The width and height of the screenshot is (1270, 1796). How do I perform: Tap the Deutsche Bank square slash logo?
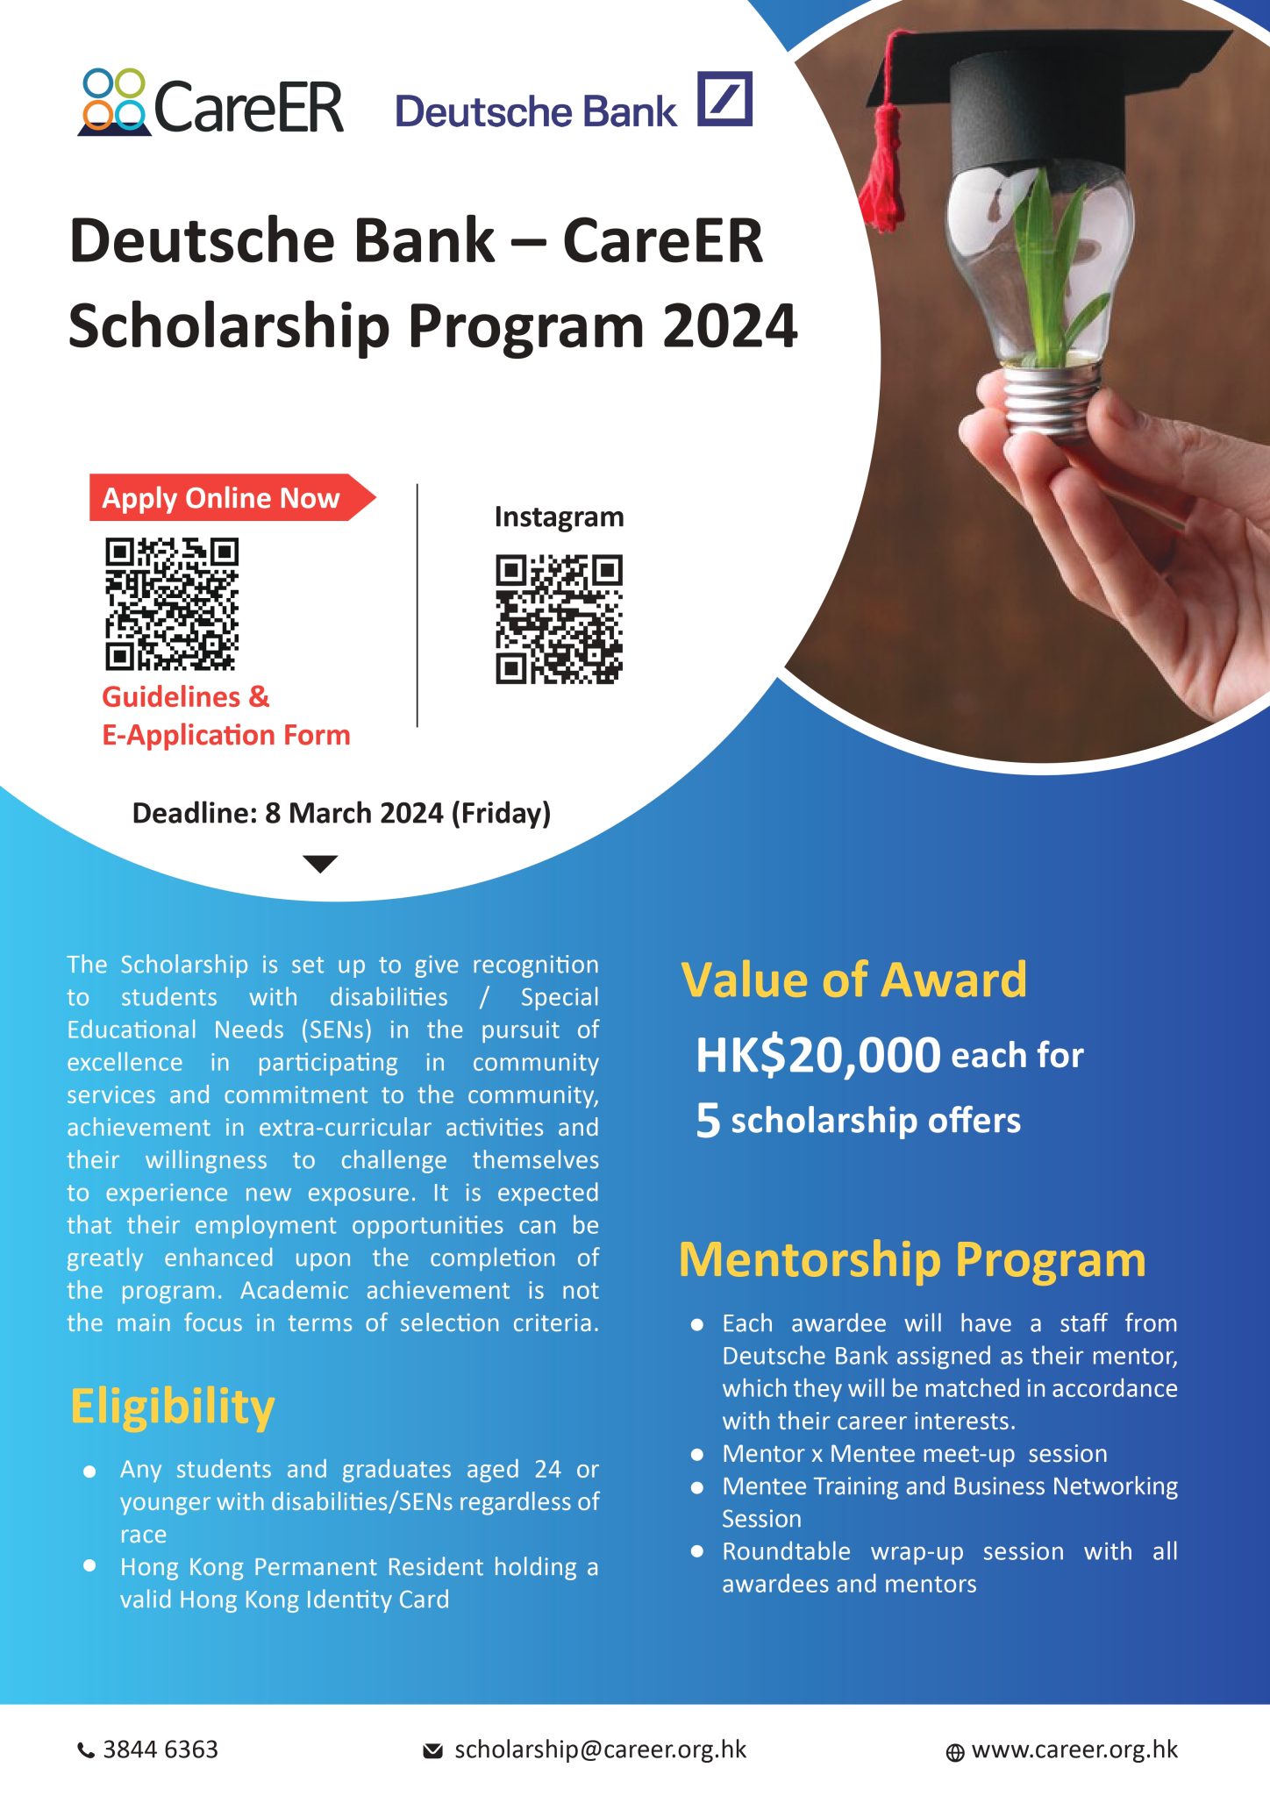[724, 99]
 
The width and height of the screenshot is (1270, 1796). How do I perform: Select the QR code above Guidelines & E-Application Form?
[172, 604]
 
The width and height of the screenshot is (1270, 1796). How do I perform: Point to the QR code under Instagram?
[559, 619]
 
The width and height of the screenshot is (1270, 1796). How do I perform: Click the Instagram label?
[559, 517]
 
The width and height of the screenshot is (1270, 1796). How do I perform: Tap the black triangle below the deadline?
[320, 864]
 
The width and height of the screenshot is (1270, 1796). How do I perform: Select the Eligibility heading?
[173, 1408]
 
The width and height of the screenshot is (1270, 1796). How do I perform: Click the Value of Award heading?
[853, 980]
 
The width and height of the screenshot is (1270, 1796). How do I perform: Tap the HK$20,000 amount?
[817, 1055]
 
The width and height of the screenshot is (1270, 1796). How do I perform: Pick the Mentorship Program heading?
[912, 1260]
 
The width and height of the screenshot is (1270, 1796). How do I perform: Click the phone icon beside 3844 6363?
[86, 1751]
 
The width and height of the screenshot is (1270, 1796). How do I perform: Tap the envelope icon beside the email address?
[432, 1751]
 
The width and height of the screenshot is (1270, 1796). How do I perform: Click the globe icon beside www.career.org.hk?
[955, 1752]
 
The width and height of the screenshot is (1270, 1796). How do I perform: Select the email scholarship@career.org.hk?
[600, 1750]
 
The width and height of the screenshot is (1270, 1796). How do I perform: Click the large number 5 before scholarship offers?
[707, 1121]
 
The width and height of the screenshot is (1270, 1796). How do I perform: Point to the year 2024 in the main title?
[730, 326]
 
